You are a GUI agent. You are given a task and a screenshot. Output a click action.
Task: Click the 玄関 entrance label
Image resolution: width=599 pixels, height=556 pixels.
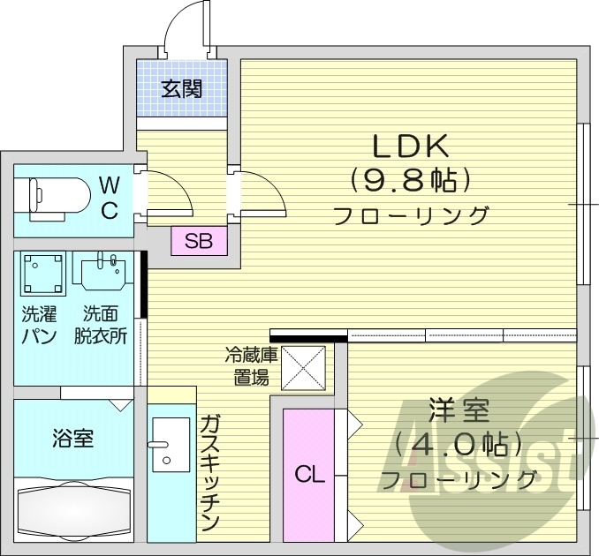(182, 88)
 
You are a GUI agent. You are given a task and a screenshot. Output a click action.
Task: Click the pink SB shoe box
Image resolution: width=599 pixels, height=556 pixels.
(198, 240)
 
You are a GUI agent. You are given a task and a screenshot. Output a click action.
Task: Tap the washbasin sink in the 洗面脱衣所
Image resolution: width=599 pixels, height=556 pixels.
(104, 274)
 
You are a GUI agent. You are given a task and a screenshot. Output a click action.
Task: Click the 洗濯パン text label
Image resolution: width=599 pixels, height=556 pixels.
(40, 324)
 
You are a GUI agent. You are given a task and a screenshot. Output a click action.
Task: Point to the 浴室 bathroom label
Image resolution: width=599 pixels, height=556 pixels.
(73, 438)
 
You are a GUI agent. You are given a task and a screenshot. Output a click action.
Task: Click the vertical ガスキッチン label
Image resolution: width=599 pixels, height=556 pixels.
(209, 472)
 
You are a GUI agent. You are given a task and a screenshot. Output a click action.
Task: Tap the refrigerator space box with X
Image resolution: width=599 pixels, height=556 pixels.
(304, 367)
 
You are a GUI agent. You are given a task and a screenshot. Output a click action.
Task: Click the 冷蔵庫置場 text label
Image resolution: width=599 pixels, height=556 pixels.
(251, 367)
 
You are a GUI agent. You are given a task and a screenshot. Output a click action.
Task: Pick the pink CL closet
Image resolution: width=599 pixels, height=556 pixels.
(309, 476)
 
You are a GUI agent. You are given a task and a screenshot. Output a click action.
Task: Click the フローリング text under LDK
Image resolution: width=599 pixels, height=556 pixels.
(411, 214)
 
